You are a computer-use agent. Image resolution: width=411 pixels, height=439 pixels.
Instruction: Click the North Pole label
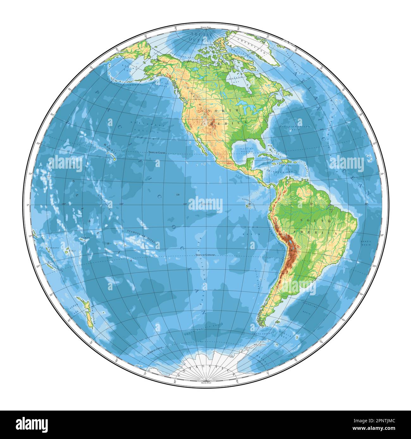(205, 28)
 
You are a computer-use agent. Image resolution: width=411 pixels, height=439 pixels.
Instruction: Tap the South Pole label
(205, 382)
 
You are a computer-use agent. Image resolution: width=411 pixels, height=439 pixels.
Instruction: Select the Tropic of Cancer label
(157, 153)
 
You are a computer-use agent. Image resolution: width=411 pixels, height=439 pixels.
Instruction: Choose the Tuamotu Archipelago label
(142, 236)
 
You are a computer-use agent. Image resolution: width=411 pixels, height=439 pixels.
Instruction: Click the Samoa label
(85, 238)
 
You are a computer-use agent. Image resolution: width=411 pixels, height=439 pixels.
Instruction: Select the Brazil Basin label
(392, 243)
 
